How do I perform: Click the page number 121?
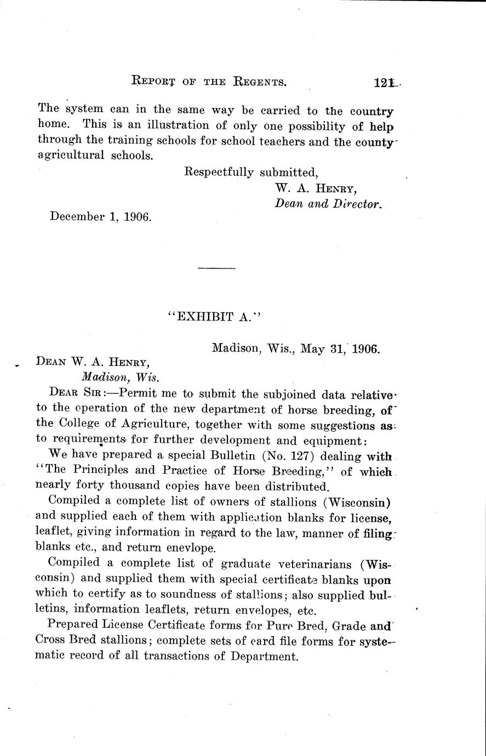click(x=384, y=83)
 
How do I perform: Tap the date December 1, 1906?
click(x=100, y=216)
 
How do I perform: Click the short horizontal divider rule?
click(x=216, y=268)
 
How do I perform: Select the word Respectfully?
click(x=219, y=173)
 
